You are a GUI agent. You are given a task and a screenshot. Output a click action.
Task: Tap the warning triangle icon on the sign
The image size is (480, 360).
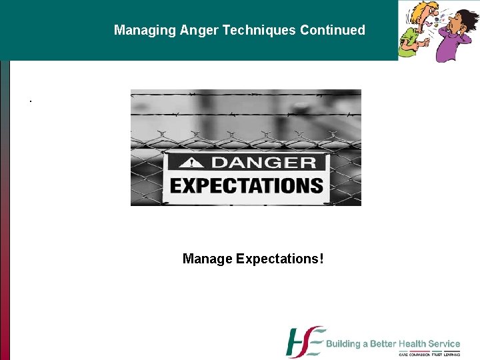(194, 163)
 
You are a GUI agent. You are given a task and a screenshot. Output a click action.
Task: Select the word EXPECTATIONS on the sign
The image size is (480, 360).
(247, 185)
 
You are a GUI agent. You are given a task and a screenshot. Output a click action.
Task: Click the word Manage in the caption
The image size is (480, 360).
(207, 258)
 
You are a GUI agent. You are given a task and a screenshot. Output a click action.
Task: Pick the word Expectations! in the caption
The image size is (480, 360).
(280, 258)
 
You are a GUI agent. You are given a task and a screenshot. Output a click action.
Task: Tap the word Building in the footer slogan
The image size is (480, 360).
(343, 344)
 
